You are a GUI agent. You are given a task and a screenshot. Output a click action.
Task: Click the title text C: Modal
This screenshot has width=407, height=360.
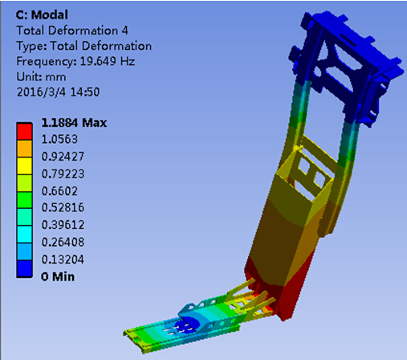pos(42,14)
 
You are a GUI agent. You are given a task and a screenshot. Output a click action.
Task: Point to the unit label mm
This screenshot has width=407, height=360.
pos(55,77)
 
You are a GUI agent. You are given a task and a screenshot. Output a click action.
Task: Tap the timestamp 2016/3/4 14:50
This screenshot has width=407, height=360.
pos(58,92)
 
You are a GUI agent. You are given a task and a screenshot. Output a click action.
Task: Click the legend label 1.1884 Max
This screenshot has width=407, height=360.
pos(74,123)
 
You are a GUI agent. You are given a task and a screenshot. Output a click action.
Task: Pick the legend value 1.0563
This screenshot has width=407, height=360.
pos(59,139)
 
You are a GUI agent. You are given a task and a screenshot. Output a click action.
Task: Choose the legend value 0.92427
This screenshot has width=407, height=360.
pos(63,157)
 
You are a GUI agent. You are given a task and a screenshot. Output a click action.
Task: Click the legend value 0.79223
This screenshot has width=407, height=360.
pos(63,174)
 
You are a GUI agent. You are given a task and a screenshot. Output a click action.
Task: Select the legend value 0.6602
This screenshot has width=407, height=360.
pos(59,191)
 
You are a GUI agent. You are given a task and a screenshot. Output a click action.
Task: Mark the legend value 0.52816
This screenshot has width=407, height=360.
pos(63,207)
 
